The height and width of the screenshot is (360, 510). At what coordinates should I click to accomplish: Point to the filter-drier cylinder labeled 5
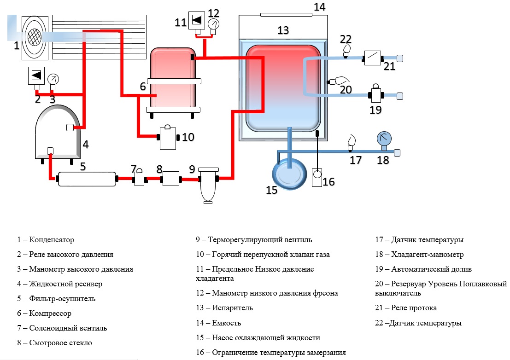(86, 179)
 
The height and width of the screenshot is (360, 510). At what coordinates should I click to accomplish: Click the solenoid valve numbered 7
(139, 179)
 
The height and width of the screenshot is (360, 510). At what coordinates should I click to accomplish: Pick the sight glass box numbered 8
(170, 178)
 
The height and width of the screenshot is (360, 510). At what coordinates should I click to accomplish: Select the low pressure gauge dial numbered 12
(213, 23)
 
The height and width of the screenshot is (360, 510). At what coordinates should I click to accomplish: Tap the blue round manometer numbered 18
(384, 139)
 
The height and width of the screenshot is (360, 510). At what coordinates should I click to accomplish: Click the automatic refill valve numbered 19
(376, 95)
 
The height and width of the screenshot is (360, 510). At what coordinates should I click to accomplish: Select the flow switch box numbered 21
(373, 58)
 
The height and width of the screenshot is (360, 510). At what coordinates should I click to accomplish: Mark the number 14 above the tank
(319, 6)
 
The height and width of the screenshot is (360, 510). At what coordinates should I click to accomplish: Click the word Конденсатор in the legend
(52, 240)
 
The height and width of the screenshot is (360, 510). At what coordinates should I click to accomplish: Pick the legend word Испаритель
(232, 308)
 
